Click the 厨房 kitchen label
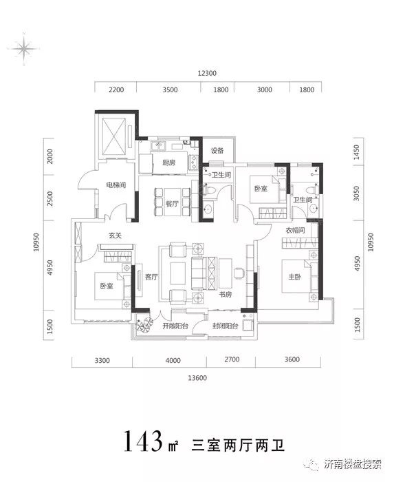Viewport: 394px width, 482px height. tap(168, 162)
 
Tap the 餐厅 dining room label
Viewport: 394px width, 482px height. tap(172, 204)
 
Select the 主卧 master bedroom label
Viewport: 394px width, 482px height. tap(294, 277)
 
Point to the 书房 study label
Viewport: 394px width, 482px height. tap(226, 295)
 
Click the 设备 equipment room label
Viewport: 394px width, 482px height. tap(217, 150)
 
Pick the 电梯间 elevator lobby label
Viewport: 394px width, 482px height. tap(116, 185)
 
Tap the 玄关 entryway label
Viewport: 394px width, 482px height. tap(116, 235)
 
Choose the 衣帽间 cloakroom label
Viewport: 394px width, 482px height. tap(295, 230)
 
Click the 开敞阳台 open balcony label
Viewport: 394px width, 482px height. tap(175, 326)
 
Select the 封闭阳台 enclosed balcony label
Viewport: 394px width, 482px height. tap(226, 326)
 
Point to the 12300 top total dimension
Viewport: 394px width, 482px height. tap(207, 73)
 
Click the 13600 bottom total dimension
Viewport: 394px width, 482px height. tap(197, 378)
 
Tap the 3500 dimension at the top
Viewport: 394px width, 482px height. tap(170, 90)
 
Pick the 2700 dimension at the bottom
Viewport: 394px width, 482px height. tap(232, 359)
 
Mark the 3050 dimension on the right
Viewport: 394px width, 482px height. tap(356, 193)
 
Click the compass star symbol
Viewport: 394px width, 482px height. tap(23, 49)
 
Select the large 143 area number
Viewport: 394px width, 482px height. tap(144, 441)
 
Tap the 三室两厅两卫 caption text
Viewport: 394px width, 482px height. tap(238, 445)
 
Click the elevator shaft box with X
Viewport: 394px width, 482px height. tap(114, 137)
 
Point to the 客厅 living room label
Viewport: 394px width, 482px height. tap(151, 277)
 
